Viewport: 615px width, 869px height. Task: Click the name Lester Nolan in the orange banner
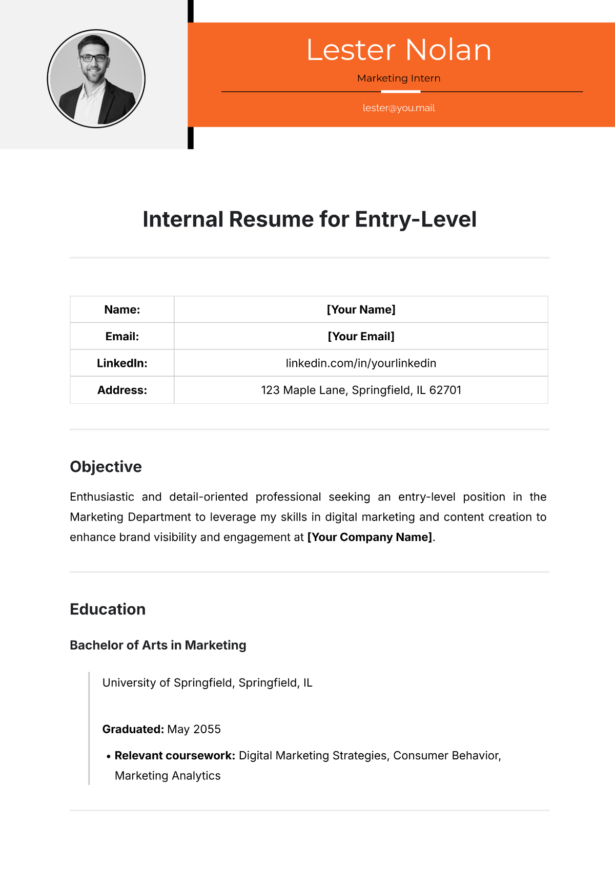coord(399,50)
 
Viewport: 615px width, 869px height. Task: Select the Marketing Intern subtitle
coord(399,78)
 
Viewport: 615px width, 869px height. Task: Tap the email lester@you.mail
coord(399,108)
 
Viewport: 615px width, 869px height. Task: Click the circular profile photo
coord(96,78)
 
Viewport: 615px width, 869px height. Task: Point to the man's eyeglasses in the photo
coord(93,58)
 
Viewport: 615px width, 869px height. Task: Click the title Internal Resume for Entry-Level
coord(310,219)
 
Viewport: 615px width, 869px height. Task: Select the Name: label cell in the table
coord(122,309)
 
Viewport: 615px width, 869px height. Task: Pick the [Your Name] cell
coord(361,309)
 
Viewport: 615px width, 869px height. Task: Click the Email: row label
coord(122,337)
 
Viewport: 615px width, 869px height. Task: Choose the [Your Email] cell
coord(361,337)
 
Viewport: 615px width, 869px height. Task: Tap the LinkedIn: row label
coord(122,363)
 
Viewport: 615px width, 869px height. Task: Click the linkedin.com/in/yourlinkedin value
coord(361,363)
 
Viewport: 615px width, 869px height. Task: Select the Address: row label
coord(122,390)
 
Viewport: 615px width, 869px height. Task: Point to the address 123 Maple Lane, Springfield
coord(361,390)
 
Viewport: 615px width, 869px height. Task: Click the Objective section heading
coord(106,467)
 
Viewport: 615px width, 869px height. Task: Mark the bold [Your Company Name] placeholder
coord(370,537)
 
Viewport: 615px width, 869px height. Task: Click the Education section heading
coord(108,609)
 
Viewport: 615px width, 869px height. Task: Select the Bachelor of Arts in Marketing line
coord(158,645)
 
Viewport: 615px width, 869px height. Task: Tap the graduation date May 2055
coord(194,729)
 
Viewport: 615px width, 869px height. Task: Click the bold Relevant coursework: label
coord(175,756)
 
